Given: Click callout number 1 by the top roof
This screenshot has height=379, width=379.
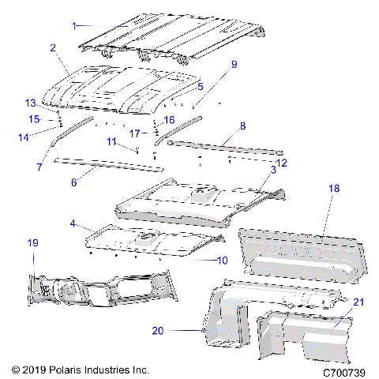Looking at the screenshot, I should coord(75,25).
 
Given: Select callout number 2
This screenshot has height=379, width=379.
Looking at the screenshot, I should coord(52,48).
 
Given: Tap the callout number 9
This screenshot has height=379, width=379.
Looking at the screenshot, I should coord(234,64).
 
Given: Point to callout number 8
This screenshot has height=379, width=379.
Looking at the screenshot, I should coord(242,126).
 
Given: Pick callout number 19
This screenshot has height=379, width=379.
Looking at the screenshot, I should coord(34,243).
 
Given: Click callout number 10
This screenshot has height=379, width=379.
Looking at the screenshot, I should coord(222,260).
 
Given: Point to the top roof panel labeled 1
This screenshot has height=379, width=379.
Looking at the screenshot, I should coord(174,32).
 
